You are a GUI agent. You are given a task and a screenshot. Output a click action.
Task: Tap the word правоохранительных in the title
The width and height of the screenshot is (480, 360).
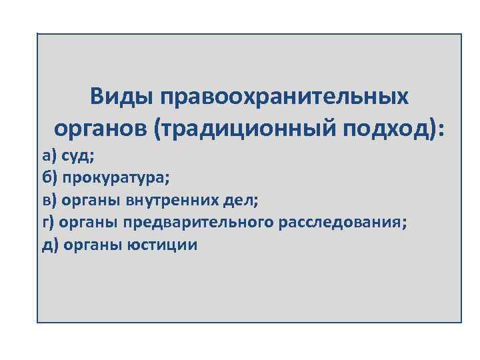tap(285, 97)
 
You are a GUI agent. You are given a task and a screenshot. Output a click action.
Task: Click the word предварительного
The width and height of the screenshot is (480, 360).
tap(193, 223)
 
